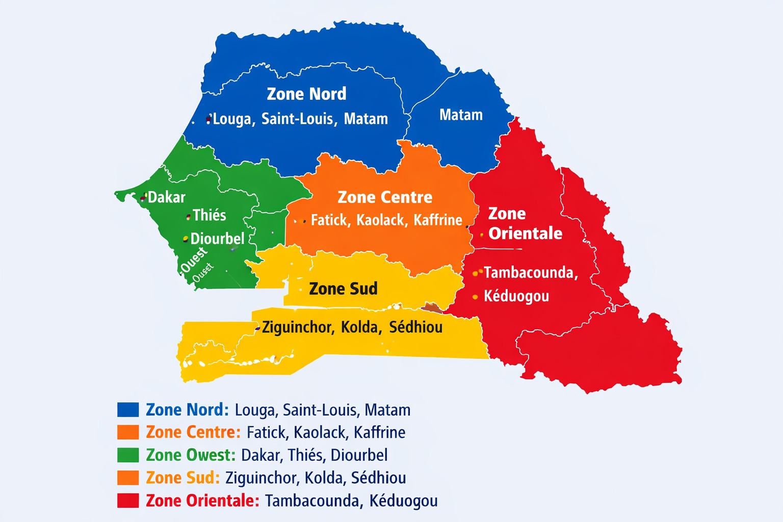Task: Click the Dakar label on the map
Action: point(166,197)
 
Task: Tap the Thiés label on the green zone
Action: point(209,215)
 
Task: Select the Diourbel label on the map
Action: point(217,239)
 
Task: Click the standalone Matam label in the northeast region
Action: point(461,115)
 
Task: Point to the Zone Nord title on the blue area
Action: point(306,94)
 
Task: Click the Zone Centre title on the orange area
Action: point(385,197)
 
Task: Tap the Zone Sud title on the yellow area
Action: point(343,289)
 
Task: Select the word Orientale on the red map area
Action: point(525,233)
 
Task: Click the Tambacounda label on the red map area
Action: point(531,273)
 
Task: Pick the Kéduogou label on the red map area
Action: point(516,296)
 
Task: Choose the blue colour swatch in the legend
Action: point(128,410)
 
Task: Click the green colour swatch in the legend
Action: point(128,455)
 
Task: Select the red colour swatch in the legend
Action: point(128,501)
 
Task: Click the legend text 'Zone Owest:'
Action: point(191,455)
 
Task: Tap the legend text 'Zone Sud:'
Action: point(182,478)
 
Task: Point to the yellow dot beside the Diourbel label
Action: point(186,239)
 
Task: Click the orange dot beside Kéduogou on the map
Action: point(475,297)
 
